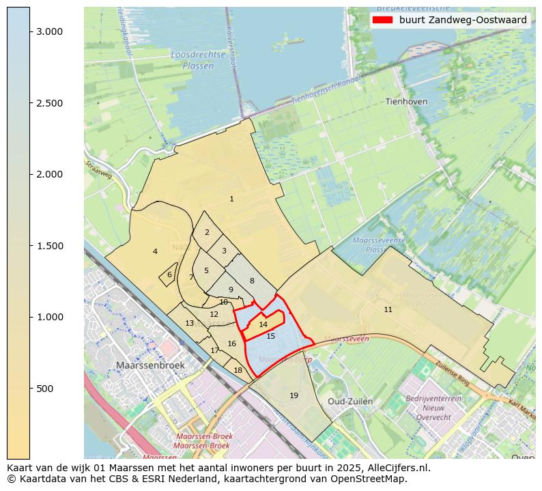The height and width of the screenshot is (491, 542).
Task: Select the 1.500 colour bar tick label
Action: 50,246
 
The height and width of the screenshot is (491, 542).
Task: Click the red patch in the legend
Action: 383,20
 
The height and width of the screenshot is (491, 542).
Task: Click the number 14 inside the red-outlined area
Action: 263,324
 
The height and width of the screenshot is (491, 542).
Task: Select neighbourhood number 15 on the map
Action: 271,336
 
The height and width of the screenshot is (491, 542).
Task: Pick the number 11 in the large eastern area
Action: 388,309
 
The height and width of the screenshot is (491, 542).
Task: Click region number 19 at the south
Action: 294,395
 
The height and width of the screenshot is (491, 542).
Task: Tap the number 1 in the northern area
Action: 231,199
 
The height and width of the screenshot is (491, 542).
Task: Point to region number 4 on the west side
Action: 155,251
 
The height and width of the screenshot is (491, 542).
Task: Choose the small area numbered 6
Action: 169,275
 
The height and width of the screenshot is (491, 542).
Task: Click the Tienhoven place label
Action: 406,101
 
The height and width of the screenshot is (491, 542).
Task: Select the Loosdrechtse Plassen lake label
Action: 192,59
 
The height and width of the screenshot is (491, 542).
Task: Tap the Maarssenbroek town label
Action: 150,365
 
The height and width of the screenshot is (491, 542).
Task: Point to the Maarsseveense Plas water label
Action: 379,245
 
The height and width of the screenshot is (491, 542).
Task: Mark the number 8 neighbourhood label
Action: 252,281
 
